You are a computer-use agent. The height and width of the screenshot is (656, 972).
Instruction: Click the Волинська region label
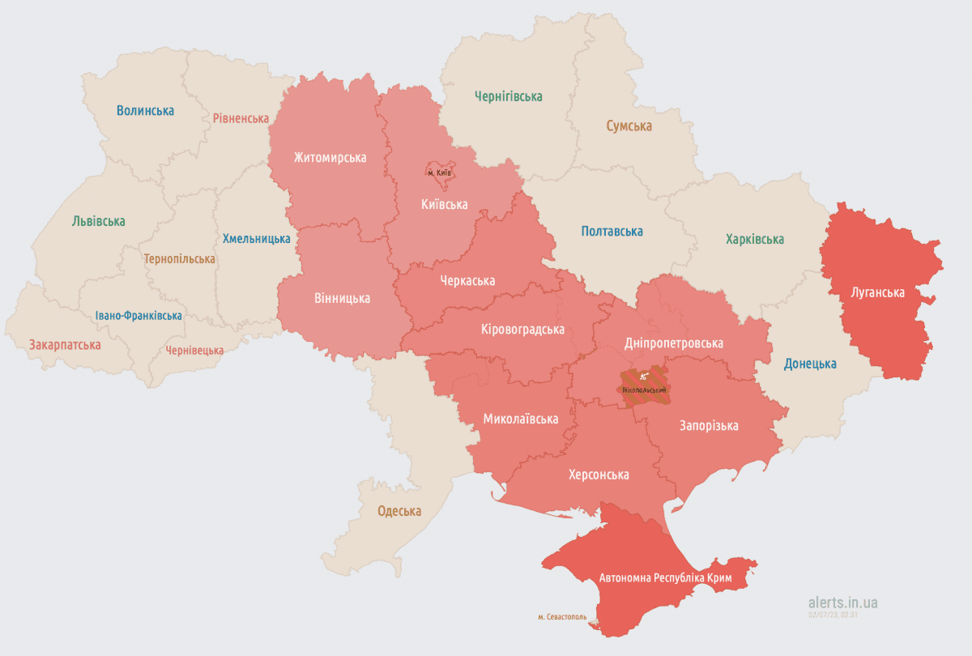(145, 111)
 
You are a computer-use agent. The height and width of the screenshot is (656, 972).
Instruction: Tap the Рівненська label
(241, 118)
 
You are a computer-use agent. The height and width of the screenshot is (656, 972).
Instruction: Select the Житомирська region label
(330, 157)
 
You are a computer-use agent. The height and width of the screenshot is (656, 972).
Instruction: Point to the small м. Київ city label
(439, 173)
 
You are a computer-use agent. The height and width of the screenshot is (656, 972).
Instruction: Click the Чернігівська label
(508, 96)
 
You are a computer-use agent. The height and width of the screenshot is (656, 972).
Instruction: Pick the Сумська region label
(629, 126)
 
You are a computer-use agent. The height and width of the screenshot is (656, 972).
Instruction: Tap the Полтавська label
(612, 232)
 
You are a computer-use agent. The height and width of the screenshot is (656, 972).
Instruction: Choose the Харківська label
(754, 240)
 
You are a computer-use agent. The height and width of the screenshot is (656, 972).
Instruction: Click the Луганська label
(877, 292)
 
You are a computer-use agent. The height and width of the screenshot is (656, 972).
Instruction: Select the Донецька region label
(809, 364)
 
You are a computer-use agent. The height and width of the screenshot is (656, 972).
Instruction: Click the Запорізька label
(709, 426)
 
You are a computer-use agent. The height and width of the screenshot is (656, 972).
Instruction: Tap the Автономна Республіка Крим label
(665, 578)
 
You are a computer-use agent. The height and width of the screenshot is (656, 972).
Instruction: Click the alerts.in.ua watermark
(842, 603)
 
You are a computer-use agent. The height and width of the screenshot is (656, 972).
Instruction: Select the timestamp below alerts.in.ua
(832, 615)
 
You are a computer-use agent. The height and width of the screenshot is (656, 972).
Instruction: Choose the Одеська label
(399, 511)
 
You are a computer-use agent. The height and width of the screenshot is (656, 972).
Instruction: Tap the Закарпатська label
(65, 345)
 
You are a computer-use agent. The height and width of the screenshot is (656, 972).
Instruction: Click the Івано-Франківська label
(138, 316)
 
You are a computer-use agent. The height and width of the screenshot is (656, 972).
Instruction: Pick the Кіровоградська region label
(522, 329)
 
